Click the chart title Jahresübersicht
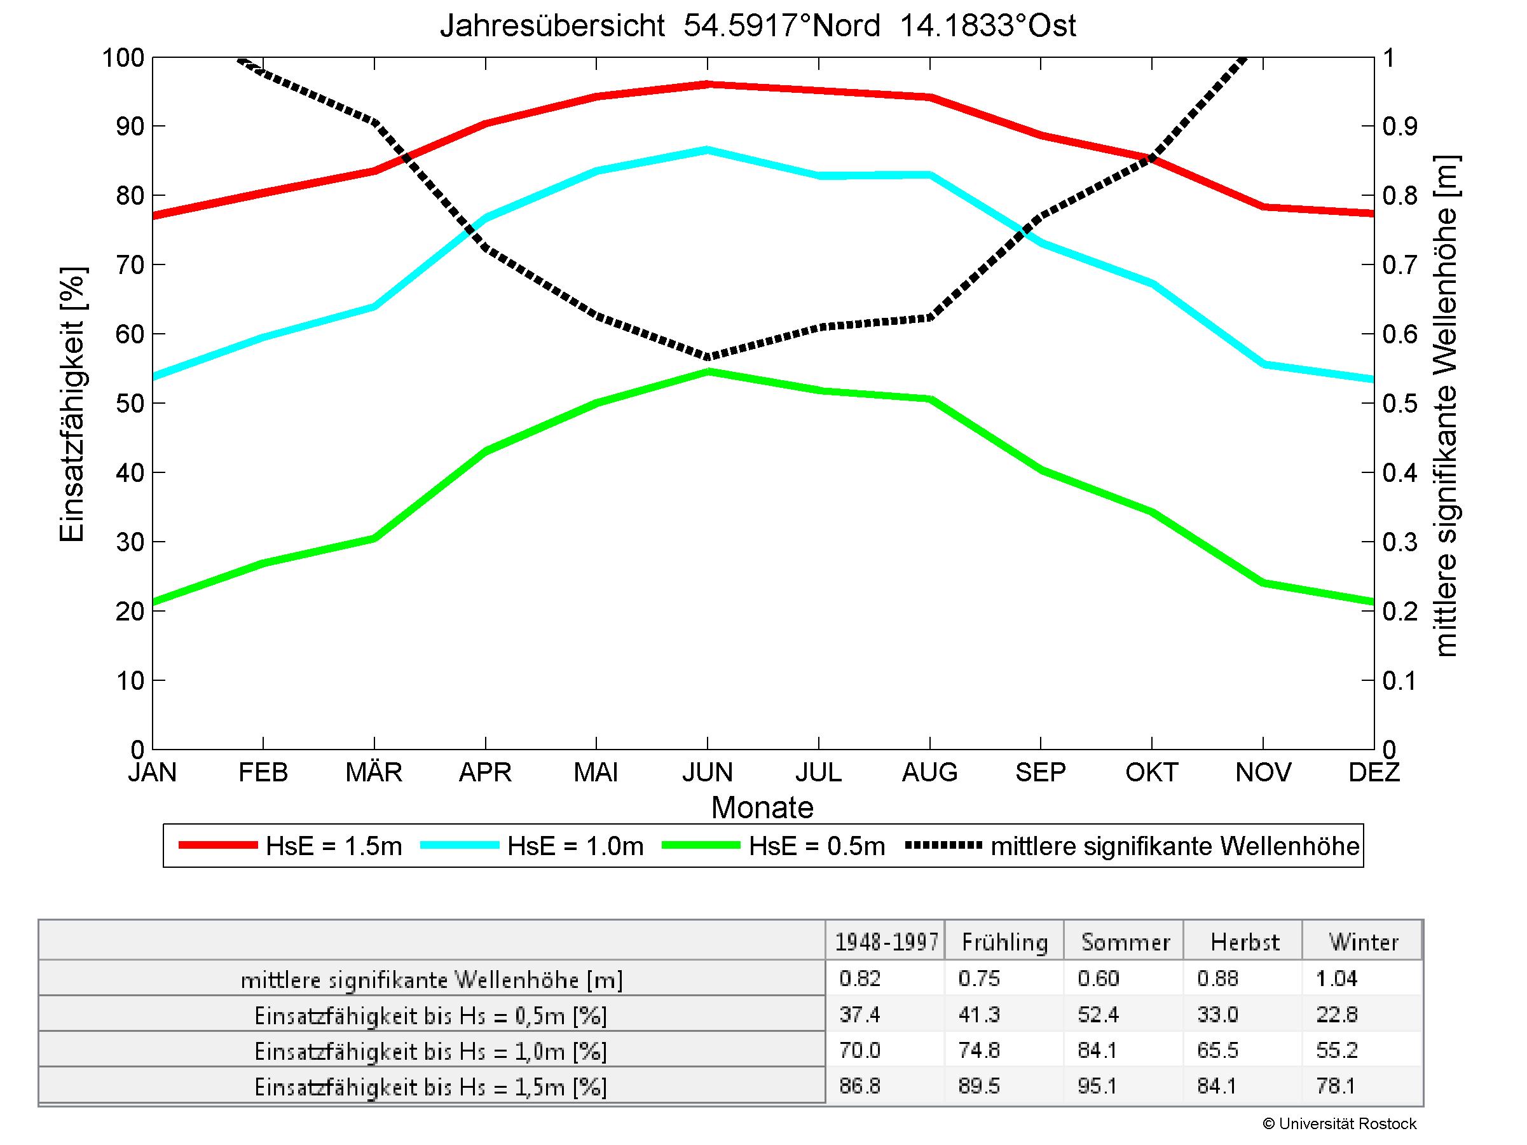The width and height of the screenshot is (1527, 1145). [757, 26]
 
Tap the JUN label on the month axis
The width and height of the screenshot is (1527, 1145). [707, 772]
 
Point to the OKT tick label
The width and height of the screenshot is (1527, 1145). [1151, 772]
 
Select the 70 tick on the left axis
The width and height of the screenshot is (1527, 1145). [129, 264]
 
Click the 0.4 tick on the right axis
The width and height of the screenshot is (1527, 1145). [1399, 473]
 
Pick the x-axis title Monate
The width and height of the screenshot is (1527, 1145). [762, 807]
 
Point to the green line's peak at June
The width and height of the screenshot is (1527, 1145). [708, 371]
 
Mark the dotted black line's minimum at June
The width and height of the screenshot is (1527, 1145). [708, 357]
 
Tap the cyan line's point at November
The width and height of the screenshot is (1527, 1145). [1263, 364]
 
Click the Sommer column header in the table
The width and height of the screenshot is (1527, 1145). [1125, 942]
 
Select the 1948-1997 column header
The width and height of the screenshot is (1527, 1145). [886, 942]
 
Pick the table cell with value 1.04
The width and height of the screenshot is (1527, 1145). [1337, 978]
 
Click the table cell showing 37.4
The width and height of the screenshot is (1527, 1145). [859, 1015]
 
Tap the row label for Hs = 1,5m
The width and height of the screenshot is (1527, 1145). [431, 1087]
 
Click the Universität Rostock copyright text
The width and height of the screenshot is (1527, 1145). [1339, 1124]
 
